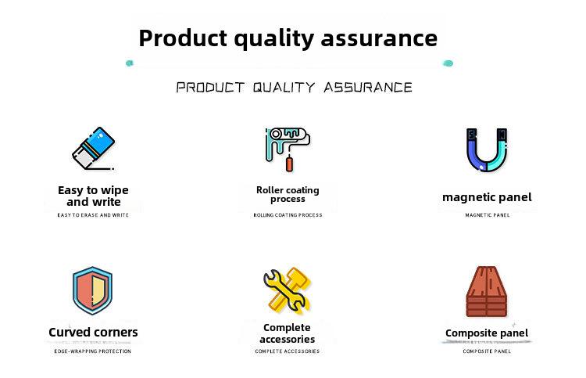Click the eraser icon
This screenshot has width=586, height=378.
(x=94, y=148)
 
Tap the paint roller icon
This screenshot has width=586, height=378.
(x=288, y=149)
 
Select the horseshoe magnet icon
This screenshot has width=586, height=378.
(x=487, y=149)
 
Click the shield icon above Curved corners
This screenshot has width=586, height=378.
(x=92, y=290)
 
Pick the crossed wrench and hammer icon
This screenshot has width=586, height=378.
(x=287, y=290)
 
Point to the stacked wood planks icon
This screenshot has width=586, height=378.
(x=486, y=292)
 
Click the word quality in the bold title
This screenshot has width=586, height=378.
(x=273, y=39)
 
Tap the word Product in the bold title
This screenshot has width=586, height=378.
(x=183, y=38)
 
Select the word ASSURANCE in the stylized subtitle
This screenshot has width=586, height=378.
(x=368, y=88)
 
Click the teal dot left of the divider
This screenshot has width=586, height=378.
(x=129, y=63)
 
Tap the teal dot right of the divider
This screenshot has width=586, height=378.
(x=448, y=63)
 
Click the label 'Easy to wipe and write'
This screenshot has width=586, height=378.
(x=93, y=196)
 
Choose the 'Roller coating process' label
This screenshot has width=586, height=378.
(x=288, y=194)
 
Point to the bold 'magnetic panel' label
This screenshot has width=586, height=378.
(x=487, y=197)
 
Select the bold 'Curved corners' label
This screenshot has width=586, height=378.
(x=93, y=332)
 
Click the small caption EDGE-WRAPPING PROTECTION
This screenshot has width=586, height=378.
(x=93, y=351)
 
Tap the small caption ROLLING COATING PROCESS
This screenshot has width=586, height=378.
(x=288, y=214)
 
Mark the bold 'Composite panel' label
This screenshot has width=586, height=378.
(x=487, y=333)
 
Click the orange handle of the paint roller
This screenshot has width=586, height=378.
(x=289, y=164)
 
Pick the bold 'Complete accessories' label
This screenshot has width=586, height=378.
(x=287, y=333)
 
